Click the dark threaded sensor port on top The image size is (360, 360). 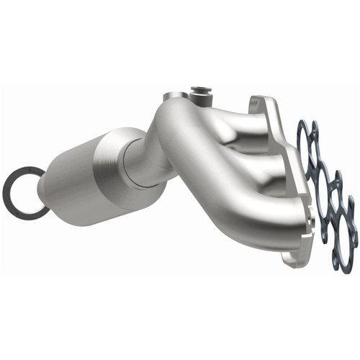pyautogui.click(x=201, y=93)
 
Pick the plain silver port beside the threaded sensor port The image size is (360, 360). pyautogui.click(x=172, y=97)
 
